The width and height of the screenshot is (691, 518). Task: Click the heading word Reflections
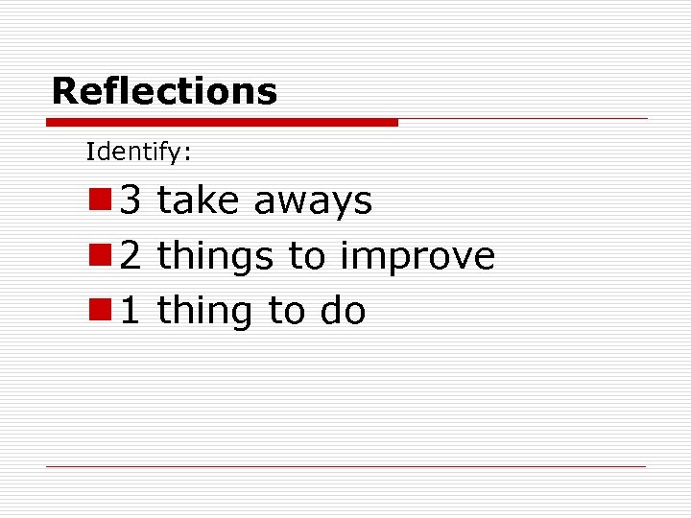tap(164, 92)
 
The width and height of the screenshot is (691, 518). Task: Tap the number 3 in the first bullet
tap(131, 201)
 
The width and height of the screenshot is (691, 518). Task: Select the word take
tap(199, 201)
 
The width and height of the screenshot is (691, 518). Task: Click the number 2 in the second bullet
tap(131, 256)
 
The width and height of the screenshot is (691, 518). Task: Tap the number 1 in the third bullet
tap(131, 311)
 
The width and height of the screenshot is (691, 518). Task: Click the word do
tap(343, 311)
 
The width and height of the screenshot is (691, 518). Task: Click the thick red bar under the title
tap(221, 123)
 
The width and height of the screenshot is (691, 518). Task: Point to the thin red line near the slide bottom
tap(345, 466)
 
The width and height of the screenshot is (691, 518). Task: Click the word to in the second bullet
tap(307, 257)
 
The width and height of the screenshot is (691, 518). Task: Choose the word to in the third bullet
tap(286, 312)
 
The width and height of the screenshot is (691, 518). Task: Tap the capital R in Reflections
tap(63, 92)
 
